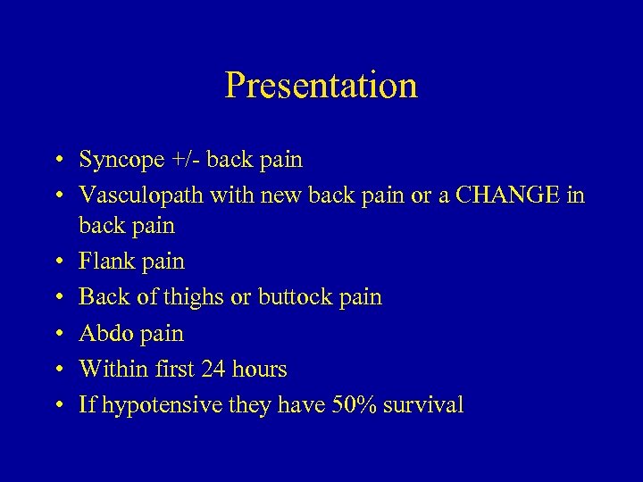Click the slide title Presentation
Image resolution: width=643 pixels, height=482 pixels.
point(321,86)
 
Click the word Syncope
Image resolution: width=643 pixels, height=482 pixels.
point(121,161)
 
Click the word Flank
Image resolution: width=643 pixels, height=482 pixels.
point(104,262)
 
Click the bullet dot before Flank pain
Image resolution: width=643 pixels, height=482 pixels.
point(56,262)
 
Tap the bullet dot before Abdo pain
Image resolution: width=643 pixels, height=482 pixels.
point(56,334)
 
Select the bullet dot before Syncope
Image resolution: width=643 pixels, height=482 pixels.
point(56,162)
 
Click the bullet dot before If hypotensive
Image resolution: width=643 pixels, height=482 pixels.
point(56,406)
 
